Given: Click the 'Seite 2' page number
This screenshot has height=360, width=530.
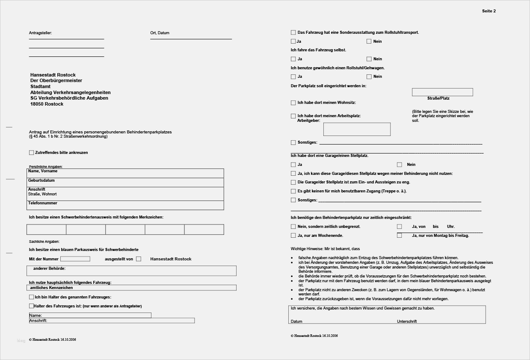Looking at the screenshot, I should coord(489,11).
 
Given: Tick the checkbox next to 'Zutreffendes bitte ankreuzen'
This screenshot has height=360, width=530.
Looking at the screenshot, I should coord(31,153).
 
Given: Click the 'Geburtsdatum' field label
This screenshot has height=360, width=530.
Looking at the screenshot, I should coord(41,180).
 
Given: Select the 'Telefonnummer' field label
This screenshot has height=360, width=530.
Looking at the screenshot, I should coord(43,203).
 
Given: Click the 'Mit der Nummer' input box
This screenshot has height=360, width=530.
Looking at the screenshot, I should coord(75,259).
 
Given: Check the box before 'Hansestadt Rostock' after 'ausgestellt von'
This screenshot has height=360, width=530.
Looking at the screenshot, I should coord(139,259).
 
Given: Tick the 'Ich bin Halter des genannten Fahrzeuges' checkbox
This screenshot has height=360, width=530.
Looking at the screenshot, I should coord(31,297).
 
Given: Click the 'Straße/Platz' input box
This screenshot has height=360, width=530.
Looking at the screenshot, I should coord(442,92).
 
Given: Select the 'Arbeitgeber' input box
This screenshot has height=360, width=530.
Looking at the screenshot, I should coord(357,129).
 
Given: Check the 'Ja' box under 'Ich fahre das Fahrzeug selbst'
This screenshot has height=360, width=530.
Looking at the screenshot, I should coord(293,59).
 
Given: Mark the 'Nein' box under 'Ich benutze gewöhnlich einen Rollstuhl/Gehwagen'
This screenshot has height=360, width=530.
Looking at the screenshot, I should coord(369,77).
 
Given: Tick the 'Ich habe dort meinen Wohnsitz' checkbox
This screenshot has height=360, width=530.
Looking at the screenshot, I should coord(293,103).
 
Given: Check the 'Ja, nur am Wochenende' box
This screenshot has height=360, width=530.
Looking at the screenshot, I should coord(293,236).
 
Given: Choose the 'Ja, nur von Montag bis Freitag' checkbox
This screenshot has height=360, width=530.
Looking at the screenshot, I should coord(400,236).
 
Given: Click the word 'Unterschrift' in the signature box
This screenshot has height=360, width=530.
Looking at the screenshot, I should coord(406,322).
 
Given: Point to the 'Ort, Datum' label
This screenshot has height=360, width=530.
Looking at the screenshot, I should coord(160,33).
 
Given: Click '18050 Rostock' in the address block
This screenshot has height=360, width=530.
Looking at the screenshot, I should coord(47,104).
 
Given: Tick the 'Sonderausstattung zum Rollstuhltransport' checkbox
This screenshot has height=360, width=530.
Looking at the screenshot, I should coord(293,32).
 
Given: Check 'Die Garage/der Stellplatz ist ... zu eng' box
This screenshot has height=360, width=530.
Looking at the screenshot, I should coord(293,182).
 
